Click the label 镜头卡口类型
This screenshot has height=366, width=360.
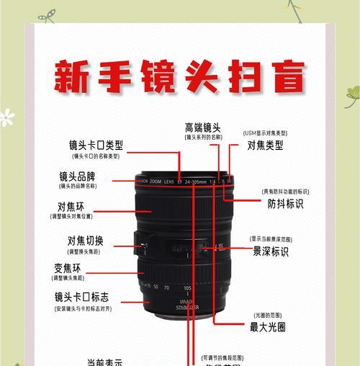(x=95, y=145)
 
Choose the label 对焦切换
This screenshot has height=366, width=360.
(x=86, y=241)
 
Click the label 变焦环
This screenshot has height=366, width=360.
(x=68, y=268)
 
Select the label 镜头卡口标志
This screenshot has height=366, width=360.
(x=82, y=297)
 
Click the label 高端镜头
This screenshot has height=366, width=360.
(x=202, y=128)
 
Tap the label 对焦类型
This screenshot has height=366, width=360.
(x=265, y=145)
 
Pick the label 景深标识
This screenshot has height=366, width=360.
(x=270, y=251)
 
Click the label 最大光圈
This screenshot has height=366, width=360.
(x=268, y=327)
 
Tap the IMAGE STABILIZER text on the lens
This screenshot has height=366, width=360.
(x=186, y=307)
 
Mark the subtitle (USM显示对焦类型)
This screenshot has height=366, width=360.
(x=265, y=133)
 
